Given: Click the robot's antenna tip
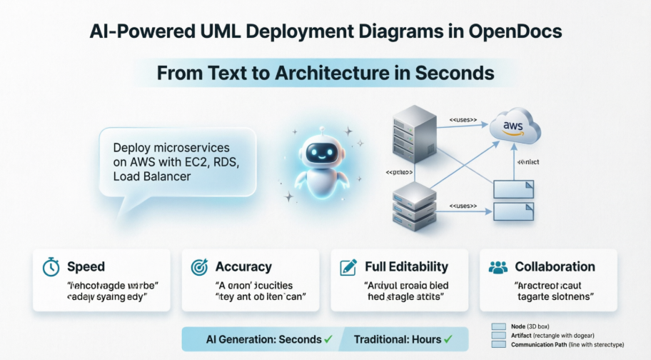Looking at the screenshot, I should (x=321, y=129).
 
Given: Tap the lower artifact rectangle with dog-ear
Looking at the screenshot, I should (x=514, y=212).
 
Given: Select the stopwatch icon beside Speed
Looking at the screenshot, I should (x=51, y=267).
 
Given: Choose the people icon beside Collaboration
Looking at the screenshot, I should (x=498, y=267).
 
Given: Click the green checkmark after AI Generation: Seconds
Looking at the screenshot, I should (x=329, y=339).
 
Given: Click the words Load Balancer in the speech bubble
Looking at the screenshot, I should (x=152, y=176).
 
